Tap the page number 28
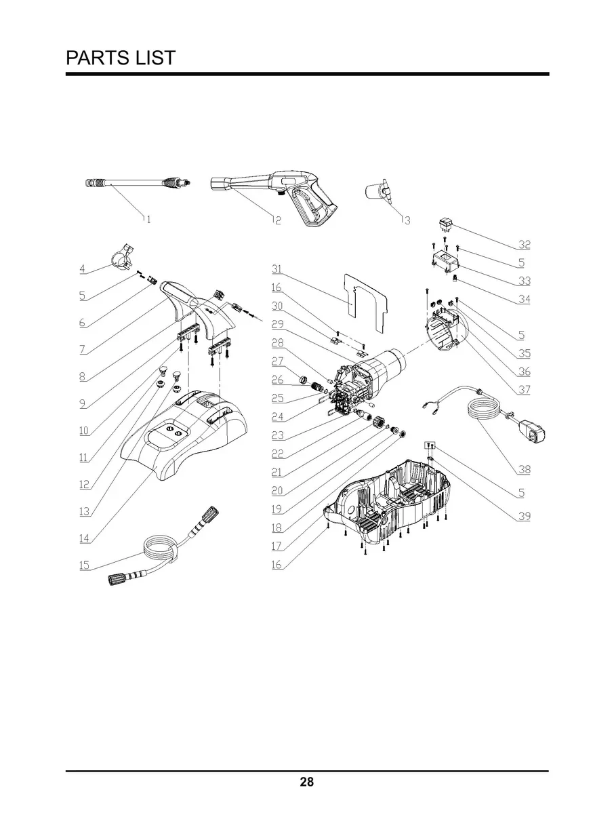coord(306,782)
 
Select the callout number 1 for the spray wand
coord(147,219)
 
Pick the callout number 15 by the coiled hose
coord(84,565)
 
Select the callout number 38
coord(525,469)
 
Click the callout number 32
coord(525,244)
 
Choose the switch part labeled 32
coord(447,224)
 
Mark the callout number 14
coord(84,538)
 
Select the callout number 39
coord(525,516)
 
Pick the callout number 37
coord(525,390)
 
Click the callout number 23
coord(277,435)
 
